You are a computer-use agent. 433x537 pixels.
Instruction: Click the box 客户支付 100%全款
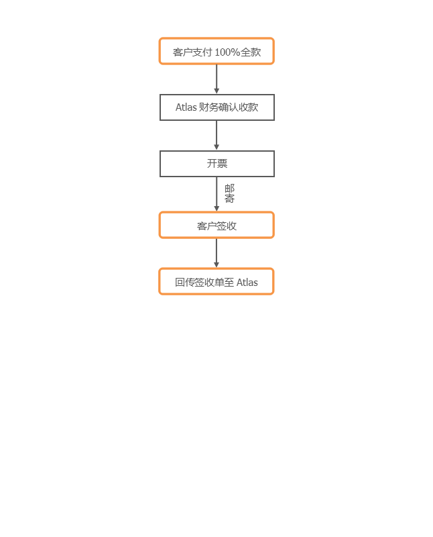[x=216, y=51]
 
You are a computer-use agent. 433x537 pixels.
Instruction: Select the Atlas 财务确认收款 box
[x=217, y=107]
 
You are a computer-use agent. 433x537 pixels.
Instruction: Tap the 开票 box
[x=217, y=164]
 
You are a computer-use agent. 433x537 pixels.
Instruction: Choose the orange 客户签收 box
[x=216, y=225]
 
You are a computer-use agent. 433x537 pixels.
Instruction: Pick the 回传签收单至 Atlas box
[x=216, y=281]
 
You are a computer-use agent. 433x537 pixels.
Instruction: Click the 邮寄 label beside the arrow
[x=229, y=193]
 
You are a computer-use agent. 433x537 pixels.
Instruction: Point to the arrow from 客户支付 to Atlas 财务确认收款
[x=216, y=79]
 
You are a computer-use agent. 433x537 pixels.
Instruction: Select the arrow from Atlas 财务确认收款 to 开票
[x=216, y=136]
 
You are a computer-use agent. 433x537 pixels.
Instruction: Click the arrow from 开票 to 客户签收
[x=216, y=194]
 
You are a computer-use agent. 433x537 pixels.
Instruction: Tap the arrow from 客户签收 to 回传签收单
[x=216, y=253]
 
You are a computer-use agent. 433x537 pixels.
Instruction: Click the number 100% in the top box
[x=227, y=52]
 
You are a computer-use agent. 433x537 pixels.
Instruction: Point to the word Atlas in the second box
[x=186, y=107]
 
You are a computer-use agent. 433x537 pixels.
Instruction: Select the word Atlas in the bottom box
[x=247, y=283]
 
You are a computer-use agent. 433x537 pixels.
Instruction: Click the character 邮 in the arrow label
[x=229, y=189]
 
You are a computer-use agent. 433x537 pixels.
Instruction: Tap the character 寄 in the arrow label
[x=229, y=199]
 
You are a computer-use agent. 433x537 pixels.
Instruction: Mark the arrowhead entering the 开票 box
[x=216, y=147]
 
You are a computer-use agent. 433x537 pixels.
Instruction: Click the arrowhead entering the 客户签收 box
[x=216, y=209]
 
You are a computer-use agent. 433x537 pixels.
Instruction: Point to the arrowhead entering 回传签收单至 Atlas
[x=216, y=265]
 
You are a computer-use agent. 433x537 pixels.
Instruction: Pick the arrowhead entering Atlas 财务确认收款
[x=216, y=91]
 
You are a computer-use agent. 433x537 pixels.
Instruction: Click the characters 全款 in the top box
[x=251, y=52]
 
